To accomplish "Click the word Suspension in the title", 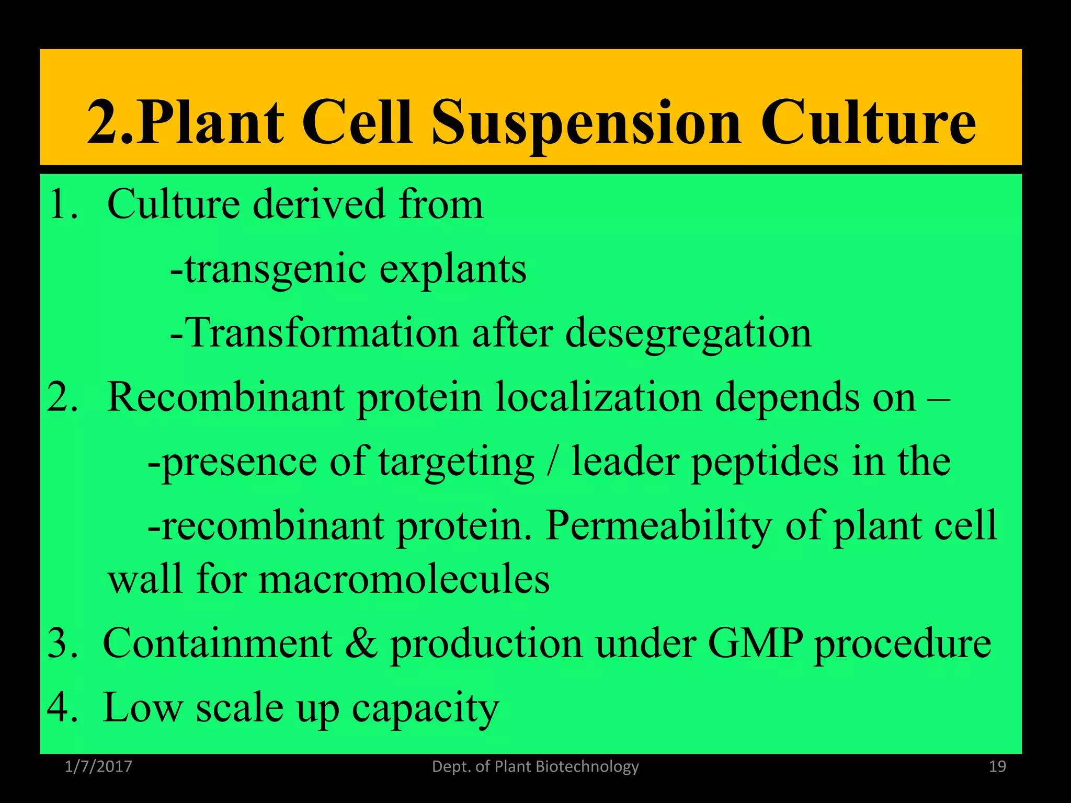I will tap(586, 123).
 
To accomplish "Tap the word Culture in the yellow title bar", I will tap(868, 123).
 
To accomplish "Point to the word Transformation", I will tap(322, 334).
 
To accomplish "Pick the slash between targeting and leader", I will tap(552, 462).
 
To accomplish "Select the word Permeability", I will tap(659, 526).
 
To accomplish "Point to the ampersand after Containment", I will tap(361, 644).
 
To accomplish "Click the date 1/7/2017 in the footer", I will tap(98, 767).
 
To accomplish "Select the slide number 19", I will tap(997, 767).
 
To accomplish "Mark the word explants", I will tap(452, 270).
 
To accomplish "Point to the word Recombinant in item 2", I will tap(225, 398).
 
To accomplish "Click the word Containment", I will tap(218, 644).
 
